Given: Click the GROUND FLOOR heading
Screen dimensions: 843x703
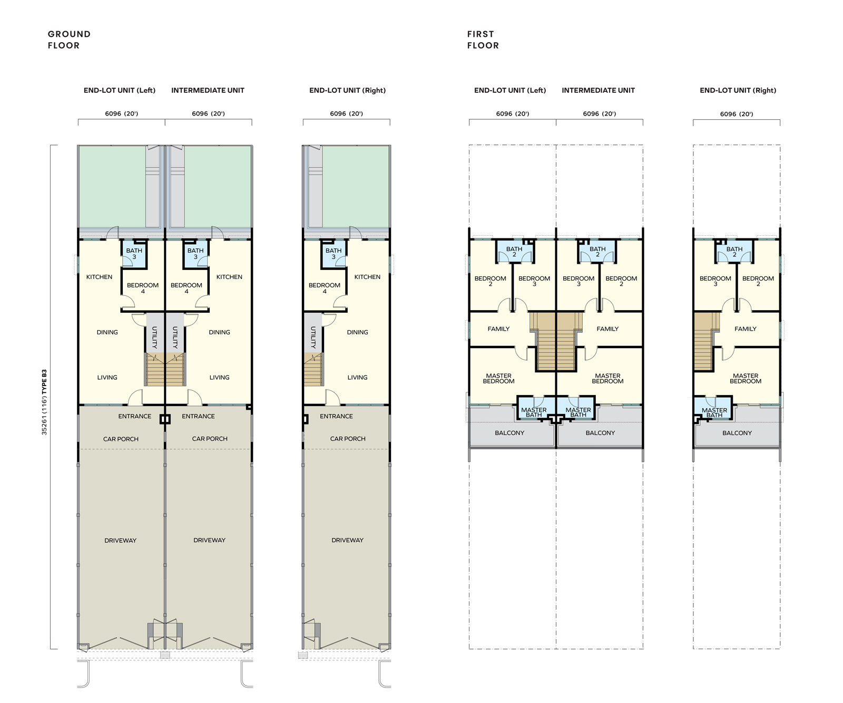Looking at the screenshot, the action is [x=69, y=40].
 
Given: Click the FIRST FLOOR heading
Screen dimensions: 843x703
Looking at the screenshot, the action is [x=483, y=40].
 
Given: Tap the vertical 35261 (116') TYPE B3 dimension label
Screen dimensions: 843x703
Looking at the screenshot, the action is [x=44, y=402].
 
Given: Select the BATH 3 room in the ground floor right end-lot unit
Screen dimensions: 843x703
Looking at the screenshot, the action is [x=334, y=254].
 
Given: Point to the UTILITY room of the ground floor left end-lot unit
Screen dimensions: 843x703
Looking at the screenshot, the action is [x=154, y=332].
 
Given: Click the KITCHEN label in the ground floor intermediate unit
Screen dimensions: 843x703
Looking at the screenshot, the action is [x=229, y=277].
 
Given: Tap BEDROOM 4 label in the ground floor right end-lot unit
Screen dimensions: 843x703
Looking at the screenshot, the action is [x=325, y=288].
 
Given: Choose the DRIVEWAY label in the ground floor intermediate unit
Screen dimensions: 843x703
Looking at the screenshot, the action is [x=209, y=540].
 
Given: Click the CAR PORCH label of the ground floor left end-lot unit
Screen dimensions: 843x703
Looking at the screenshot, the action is [x=121, y=439].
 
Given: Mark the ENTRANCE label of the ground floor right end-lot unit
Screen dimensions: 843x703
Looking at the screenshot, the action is [x=336, y=416].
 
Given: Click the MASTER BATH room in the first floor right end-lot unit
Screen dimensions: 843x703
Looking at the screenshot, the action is [x=714, y=408].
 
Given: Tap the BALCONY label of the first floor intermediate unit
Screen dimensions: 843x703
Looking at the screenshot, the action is [x=600, y=433].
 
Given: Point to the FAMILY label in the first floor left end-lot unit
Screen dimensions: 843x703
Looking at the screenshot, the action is [x=498, y=329].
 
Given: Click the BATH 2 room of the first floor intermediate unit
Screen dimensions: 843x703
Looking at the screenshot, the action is [x=597, y=251].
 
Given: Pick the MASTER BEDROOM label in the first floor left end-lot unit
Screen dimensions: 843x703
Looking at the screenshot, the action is [x=498, y=379].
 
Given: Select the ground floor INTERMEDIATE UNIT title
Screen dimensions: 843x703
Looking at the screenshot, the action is [x=208, y=90].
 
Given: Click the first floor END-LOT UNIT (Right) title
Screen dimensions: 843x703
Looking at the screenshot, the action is [x=738, y=90].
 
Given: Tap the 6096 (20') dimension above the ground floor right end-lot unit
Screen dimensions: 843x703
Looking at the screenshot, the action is [x=346, y=113].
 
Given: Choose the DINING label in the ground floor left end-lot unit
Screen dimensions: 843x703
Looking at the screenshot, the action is [x=107, y=332].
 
